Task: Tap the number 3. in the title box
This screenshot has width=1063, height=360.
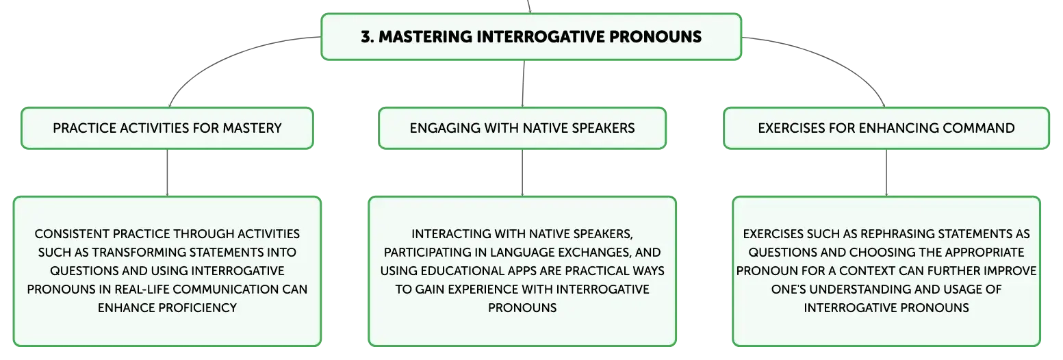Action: [x=368, y=36]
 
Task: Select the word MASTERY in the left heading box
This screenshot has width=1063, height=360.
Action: [x=252, y=128]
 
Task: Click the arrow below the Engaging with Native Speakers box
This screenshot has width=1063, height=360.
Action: [x=522, y=172]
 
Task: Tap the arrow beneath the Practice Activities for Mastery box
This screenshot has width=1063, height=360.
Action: [x=167, y=172]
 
